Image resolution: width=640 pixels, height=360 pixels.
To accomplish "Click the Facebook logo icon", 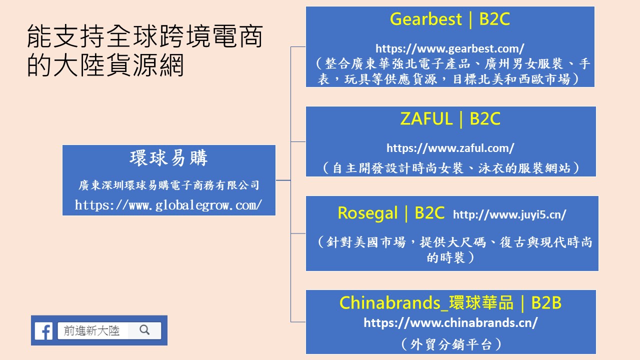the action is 43,331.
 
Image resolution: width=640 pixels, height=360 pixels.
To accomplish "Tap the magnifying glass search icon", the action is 144,330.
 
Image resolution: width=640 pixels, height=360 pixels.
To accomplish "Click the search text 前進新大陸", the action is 91,330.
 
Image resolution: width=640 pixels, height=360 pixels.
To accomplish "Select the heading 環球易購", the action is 169,158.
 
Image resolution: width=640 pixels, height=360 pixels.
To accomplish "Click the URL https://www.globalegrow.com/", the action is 168,205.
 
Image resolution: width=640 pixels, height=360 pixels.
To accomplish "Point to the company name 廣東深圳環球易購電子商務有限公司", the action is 169,185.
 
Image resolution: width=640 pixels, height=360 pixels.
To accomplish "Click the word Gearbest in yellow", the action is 425,19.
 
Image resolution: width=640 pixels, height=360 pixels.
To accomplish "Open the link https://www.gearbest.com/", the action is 450,48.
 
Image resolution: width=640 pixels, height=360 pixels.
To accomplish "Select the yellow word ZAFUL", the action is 426,118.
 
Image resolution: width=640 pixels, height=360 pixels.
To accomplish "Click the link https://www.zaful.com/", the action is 450,148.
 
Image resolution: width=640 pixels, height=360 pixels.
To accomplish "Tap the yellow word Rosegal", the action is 367,213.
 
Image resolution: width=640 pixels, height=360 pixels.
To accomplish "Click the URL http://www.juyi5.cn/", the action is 509,214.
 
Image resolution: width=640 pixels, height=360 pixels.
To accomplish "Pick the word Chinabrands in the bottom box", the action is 390,303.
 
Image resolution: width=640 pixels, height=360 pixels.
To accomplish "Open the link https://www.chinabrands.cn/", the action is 450,323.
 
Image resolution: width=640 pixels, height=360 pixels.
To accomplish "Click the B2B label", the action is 546,303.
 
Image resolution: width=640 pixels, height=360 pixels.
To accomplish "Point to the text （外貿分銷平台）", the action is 451,344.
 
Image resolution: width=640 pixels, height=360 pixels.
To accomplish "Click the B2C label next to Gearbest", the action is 494,19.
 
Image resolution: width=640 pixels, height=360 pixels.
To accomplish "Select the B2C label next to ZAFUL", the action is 485,118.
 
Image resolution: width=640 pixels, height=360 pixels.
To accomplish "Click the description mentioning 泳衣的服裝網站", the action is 451,168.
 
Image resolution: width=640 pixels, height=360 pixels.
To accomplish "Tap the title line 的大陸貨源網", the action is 105,65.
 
